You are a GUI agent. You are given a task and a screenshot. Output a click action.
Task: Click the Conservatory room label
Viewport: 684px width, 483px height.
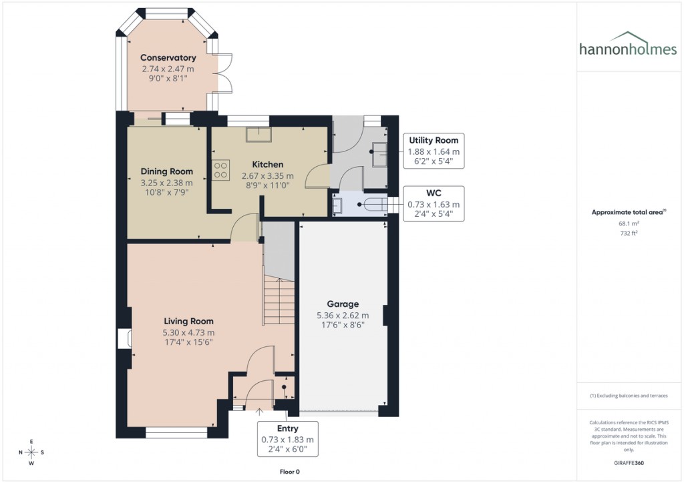click(x=168, y=58)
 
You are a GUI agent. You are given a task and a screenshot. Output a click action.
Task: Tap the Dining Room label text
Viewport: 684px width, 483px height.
click(x=167, y=171)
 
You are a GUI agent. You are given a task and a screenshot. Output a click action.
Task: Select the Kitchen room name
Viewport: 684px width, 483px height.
click(x=267, y=164)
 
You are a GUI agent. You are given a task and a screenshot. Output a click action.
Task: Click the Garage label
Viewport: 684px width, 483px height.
click(x=343, y=304)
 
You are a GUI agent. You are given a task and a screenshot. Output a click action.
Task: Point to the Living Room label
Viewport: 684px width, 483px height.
click(x=188, y=321)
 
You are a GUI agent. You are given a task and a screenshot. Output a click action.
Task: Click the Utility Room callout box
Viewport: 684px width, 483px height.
click(x=434, y=151)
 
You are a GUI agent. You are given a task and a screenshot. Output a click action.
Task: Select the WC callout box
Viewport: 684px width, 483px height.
click(x=434, y=203)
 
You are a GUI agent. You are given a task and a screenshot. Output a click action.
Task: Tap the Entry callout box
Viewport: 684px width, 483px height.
click(x=287, y=439)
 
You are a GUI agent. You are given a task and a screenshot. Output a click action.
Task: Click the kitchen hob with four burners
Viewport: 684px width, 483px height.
click(x=220, y=170)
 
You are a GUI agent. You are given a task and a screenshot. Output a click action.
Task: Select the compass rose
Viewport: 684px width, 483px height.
click(x=31, y=452)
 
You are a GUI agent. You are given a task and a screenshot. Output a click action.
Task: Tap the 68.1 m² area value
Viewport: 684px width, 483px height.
click(x=628, y=224)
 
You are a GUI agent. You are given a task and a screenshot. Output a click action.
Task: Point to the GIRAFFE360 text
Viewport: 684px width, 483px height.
click(x=629, y=462)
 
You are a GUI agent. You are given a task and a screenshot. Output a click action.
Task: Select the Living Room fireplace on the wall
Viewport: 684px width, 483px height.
click(x=123, y=338)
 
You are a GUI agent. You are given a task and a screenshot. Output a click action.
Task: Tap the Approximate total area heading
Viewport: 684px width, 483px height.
click(x=628, y=212)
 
